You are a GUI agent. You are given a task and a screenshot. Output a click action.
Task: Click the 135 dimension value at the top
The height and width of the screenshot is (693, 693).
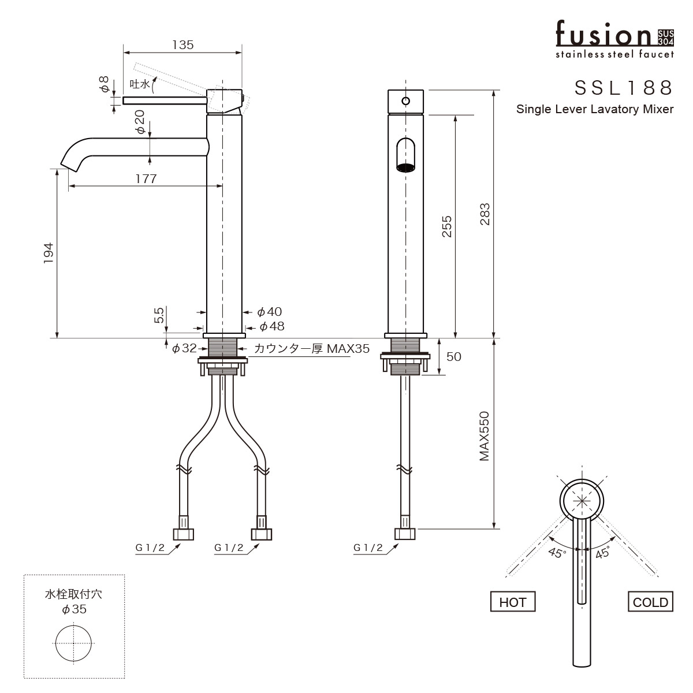coord(182,45)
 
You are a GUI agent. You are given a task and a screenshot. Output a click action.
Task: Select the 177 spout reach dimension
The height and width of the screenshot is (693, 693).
coord(146,179)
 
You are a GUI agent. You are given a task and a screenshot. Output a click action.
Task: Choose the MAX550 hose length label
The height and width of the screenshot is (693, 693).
coord(484,436)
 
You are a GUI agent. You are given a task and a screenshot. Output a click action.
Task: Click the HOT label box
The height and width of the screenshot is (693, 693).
coord(512,602)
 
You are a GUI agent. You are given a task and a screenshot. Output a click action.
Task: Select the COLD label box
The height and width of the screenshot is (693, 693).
coord(650,602)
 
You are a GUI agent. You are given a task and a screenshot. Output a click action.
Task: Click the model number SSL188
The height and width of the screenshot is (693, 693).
coord(624,87)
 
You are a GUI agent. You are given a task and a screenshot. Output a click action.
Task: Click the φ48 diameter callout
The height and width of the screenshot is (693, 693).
coord(271,326)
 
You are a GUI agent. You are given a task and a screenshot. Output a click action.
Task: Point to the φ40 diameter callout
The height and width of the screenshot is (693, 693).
coord(269,312)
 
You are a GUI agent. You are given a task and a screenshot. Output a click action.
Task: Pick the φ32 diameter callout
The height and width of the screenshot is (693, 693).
coord(185,348)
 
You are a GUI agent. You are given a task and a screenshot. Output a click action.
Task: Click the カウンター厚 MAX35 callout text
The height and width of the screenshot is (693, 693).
coord(311,349)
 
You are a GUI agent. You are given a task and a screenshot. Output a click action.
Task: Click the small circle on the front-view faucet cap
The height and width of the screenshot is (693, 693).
coord(405,101)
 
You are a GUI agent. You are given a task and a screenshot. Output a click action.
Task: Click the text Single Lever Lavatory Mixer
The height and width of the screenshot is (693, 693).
coord(595,109)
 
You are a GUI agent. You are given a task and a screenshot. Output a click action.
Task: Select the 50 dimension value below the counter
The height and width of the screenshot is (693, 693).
coord(454,357)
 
